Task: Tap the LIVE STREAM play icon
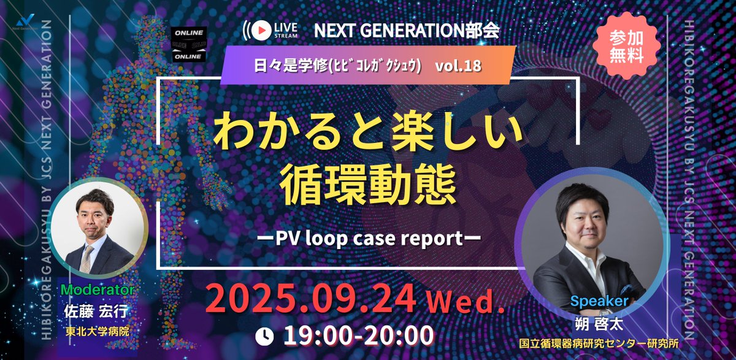point(261,29)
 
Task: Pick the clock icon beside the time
point(264,335)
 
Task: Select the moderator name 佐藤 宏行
point(97,311)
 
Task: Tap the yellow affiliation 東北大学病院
point(96,332)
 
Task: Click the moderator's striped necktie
point(89,258)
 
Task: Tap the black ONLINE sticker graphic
point(189,44)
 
